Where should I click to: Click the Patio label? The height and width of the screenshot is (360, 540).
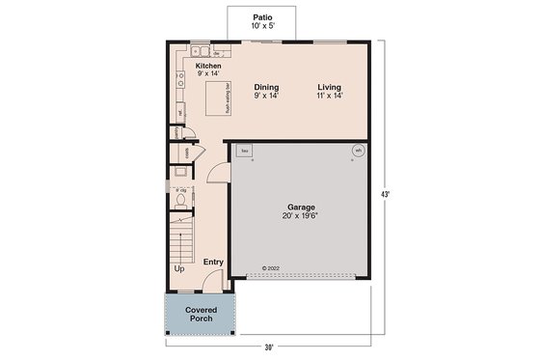tap(261, 17)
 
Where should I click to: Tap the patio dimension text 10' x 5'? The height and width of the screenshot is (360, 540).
tap(261, 26)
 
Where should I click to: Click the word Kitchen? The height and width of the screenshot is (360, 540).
tap(208, 66)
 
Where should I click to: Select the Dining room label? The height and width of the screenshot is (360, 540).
tap(267, 87)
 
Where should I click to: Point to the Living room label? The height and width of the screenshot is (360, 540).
tap(329, 87)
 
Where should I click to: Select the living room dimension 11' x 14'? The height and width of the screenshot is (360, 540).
tap(329, 96)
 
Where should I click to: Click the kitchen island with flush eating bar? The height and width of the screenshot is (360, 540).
tap(215, 97)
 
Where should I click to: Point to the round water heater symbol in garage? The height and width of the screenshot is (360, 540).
tap(358, 151)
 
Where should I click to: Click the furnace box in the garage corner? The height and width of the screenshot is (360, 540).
tap(245, 152)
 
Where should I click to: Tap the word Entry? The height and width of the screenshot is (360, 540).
tap(212, 262)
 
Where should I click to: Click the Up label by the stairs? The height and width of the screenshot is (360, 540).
tap(179, 268)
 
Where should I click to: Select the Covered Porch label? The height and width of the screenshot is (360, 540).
tap(202, 314)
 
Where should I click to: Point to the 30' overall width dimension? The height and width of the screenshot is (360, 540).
tap(269, 346)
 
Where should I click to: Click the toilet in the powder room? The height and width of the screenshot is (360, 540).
tap(181, 202)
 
